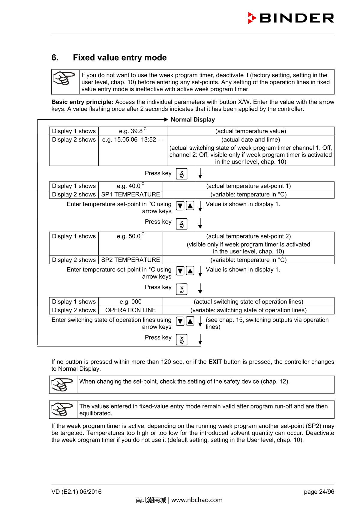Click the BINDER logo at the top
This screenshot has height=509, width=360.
(291, 18)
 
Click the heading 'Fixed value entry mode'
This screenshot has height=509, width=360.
(120, 58)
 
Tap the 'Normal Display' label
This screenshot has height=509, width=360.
(193, 120)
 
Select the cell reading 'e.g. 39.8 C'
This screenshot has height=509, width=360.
(133, 131)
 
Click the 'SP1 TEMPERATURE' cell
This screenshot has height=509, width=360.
(130, 194)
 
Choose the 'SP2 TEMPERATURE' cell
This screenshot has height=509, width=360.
(130, 260)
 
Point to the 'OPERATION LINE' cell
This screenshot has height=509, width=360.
(130, 310)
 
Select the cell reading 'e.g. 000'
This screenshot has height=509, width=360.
(130, 302)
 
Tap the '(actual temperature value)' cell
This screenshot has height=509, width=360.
(250, 131)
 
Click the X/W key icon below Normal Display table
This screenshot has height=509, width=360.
(181, 174)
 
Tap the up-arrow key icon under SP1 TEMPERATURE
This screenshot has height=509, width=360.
(190, 206)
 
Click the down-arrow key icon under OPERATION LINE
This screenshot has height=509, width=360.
(180, 322)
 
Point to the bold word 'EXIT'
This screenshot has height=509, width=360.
(215, 362)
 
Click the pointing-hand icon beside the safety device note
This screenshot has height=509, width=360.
(63, 385)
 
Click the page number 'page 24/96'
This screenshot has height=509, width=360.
(319, 492)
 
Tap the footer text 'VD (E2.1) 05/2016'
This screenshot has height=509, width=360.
(76, 492)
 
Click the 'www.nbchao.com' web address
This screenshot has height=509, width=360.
(197, 500)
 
